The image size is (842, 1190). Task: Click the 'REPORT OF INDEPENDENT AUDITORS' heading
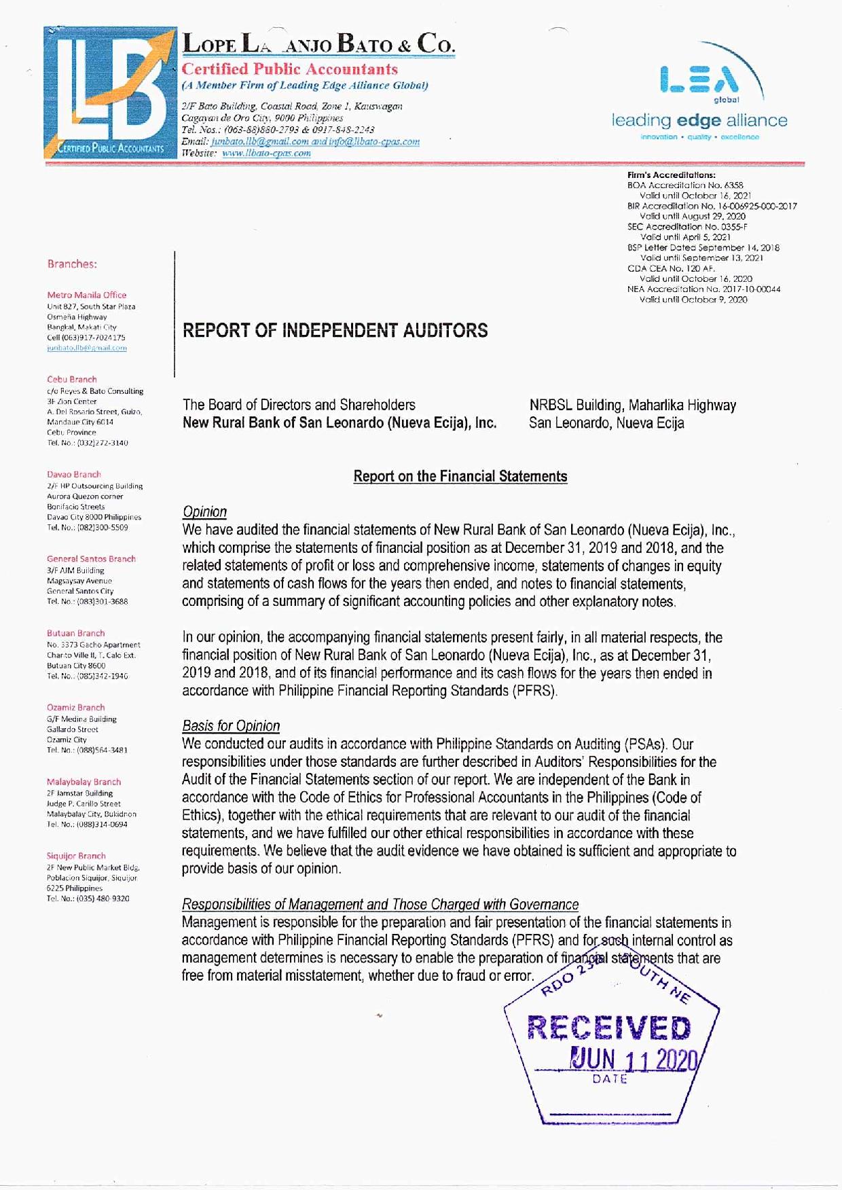click(x=335, y=331)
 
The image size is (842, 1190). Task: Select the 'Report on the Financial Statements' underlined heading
click(x=460, y=476)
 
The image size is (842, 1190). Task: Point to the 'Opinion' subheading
click(x=204, y=512)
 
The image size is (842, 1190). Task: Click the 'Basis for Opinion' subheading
click(x=231, y=726)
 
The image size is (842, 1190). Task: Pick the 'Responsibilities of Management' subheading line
click(x=380, y=905)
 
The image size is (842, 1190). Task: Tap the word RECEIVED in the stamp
click(x=608, y=1028)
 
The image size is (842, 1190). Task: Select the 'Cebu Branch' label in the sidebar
click(x=72, y=380)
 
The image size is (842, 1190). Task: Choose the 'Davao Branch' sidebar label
click(x=74, y=475)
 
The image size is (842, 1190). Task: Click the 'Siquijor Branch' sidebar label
click(x=76, y=856)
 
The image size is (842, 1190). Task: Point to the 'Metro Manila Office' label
click(x=87, y=295)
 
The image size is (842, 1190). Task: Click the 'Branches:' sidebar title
click(x=72, y=264)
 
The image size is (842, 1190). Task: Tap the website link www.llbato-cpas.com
click(x=266, y=154)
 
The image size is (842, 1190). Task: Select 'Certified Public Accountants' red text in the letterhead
click(x=289, y=69)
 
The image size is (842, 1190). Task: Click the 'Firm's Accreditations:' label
click(x=671, y=175)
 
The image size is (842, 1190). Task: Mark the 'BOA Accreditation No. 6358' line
click(x=685, y=185)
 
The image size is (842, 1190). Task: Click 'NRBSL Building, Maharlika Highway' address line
click(x=632, y=405)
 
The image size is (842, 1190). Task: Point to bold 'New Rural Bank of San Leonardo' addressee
click(x=339, y=423)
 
